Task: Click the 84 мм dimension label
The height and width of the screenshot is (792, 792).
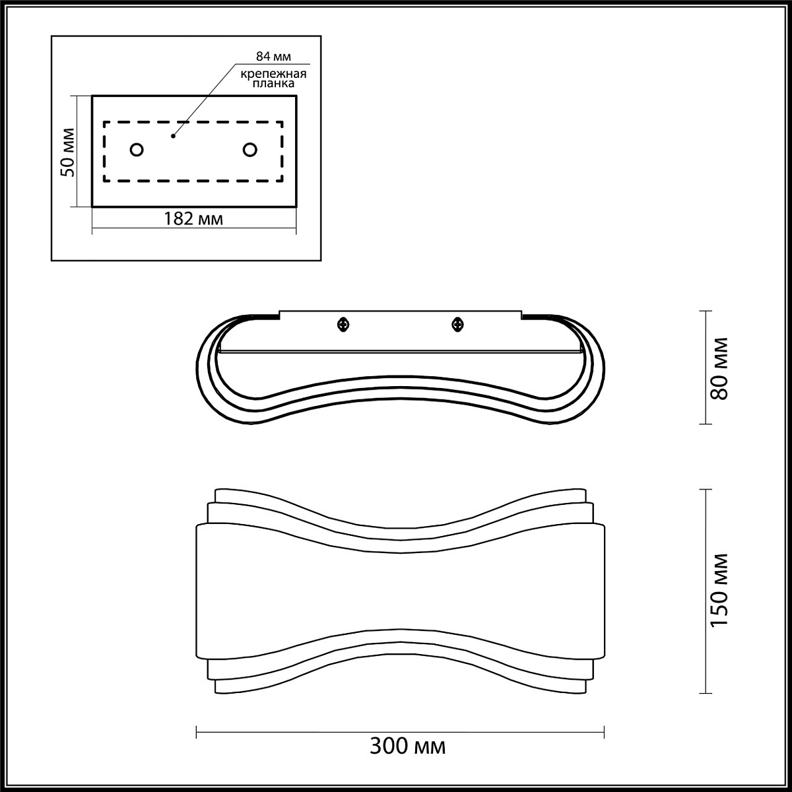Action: [273, 56]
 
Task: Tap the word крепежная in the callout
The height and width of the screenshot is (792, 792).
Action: [273, 74]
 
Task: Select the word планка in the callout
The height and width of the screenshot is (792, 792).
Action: [273, 83]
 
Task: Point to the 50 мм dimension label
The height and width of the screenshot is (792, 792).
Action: [68, 152]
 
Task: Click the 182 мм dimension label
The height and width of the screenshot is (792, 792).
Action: [193, 218]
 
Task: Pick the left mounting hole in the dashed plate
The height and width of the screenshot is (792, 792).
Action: [137, 150]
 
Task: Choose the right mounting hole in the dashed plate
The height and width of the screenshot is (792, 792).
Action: [250, 150]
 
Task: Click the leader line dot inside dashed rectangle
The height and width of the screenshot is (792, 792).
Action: [174, 136]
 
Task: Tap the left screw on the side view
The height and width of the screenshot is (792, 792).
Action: [343, 325]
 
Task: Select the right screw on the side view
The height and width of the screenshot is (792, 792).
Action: [457, 325]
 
